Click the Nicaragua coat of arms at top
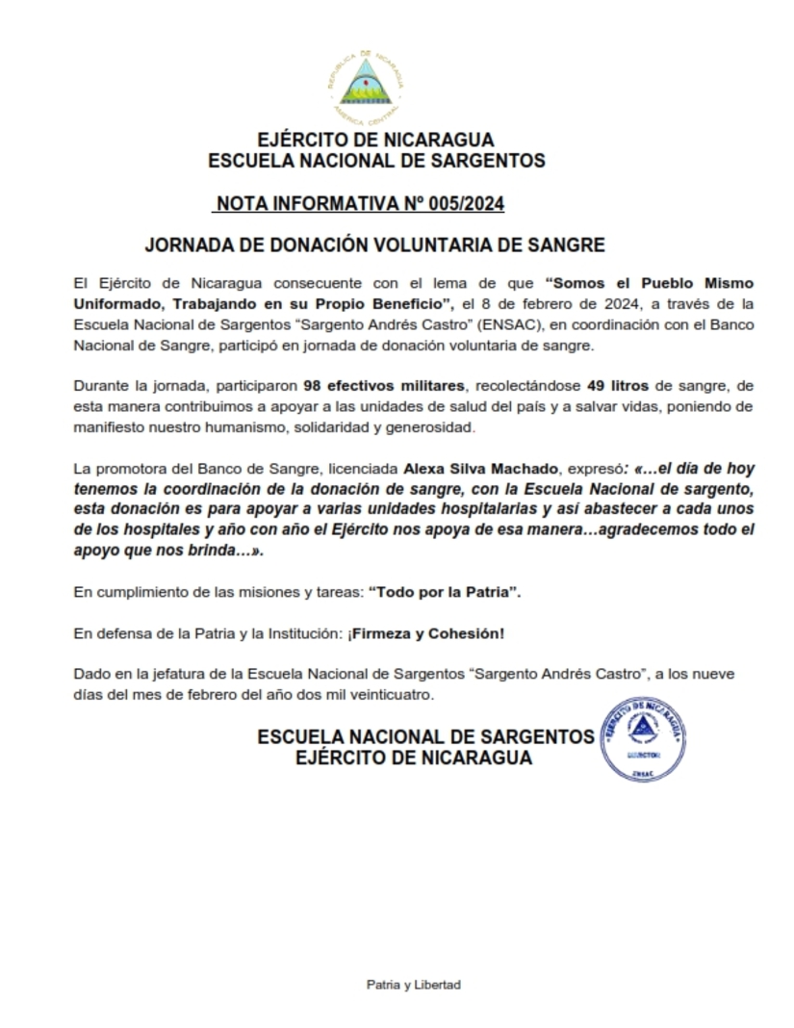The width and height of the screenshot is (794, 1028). [365, 86]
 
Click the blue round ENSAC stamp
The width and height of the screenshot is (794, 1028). [643, 738]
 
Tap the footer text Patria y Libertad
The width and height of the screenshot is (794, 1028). [414, 985]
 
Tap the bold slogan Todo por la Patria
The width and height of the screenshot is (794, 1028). [444, 592]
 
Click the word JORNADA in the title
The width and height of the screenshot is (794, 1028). [183, 245]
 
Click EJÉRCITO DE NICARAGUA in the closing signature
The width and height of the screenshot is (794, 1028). [413, 758]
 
